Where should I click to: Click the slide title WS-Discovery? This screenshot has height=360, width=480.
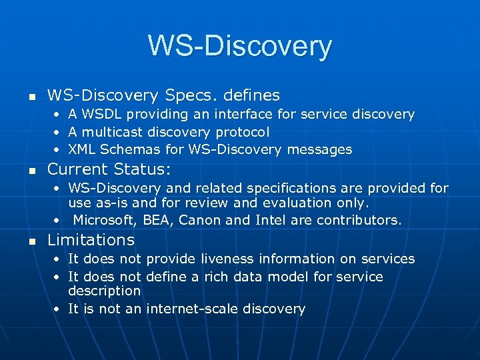click(x=239, y=46)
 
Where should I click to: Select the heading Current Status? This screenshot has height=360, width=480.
click(x=109, y=169)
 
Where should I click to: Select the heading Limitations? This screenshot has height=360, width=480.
click(x=91, y=240)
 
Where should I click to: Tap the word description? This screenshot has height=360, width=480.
click(x=104, y=291)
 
